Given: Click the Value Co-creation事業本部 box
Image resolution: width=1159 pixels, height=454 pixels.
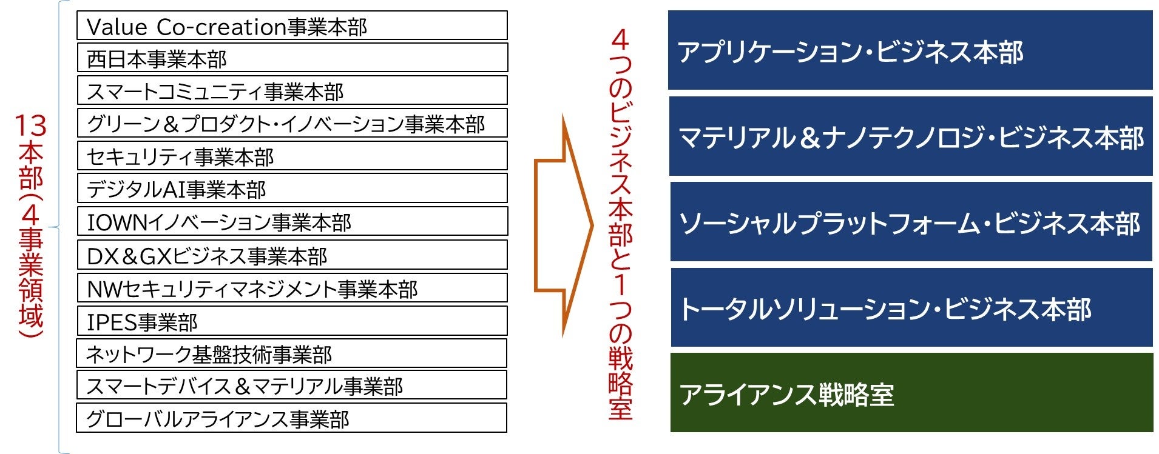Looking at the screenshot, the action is pos(292,26).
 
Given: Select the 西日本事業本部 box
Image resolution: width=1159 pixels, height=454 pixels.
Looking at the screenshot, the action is pos(292,58).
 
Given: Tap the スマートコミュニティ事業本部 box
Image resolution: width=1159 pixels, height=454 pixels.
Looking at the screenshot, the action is pos(292,91).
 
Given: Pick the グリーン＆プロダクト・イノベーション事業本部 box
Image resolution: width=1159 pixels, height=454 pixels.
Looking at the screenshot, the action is pos(292,124).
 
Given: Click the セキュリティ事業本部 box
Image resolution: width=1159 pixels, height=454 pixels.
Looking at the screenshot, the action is pos(292,156).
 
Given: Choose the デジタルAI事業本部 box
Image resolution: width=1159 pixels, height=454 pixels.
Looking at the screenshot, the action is pos(292,189).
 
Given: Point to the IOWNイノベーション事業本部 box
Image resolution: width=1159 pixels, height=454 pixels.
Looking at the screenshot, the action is pos(292,222).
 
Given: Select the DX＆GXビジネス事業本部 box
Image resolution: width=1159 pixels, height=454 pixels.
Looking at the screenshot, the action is pos(292,255).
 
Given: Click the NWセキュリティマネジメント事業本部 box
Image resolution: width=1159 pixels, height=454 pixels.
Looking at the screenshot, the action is pos(292,288).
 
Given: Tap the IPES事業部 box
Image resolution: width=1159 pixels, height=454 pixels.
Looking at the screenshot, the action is pos(292,321).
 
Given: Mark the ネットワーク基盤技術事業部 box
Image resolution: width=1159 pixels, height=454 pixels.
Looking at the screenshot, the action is pos(291,353).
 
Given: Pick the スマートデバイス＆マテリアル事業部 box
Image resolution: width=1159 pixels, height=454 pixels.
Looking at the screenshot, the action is pos(291,386).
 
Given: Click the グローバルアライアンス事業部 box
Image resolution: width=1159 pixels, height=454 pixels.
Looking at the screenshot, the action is pos(291,418).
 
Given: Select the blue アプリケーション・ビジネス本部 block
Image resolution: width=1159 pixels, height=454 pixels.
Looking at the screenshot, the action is pos(910,51).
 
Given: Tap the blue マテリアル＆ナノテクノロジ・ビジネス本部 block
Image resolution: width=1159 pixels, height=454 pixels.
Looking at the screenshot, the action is pos(910,137).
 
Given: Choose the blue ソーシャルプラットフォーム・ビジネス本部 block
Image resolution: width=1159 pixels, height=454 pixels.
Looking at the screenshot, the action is pos(910,222).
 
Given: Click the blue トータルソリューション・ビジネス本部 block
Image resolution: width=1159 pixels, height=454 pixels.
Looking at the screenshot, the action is pos(910,308).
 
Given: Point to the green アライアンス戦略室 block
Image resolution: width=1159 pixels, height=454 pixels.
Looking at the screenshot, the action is pos(910,393).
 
